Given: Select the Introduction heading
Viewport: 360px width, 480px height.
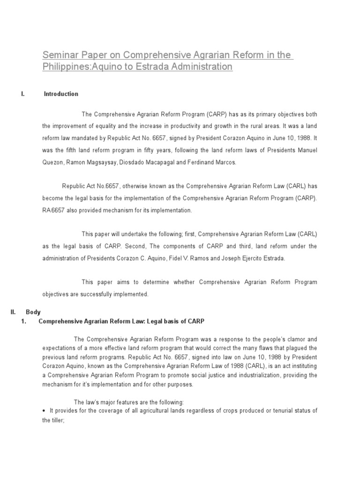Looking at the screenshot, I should [61, 94].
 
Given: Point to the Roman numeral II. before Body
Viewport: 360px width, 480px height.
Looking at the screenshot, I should [14, 312].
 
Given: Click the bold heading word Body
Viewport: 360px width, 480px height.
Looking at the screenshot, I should [33, 312].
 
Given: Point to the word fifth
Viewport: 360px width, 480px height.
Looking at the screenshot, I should [74, 150].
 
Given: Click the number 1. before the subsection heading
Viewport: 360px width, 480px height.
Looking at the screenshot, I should [24, 321].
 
